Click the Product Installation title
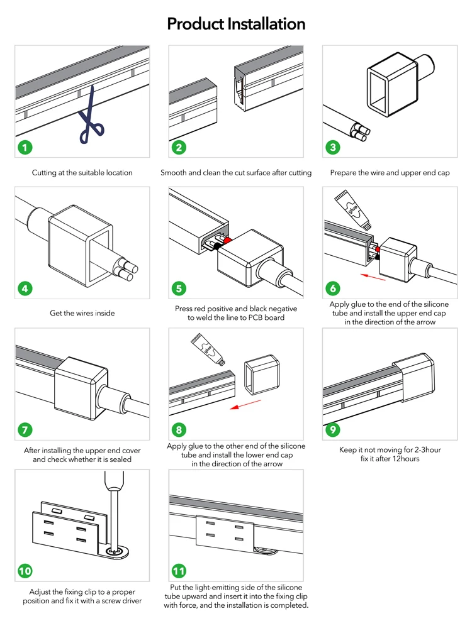[x=236, y=25]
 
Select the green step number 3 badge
[x=334, y=148]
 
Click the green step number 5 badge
[x=179, y=289]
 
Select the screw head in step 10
[x=113, y=551]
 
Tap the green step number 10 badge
[x=25, y=571]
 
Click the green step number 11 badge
[x=179, y=571]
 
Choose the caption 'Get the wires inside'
[x=82, y=313]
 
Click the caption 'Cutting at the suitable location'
[x=82, y=172]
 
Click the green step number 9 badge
[x=334, y=430]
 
